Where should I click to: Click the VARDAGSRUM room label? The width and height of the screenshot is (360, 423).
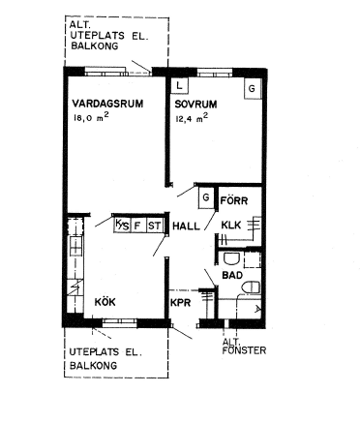pyautogui.click(x=107, y=104)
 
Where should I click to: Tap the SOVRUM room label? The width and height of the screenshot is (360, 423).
pyautogui.click(x=195, y=105)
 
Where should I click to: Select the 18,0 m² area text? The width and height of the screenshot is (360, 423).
pyautogui.click(x=91, y=117)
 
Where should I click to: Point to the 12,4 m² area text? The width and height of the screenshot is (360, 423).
pyautogui.click(x=192, y=118)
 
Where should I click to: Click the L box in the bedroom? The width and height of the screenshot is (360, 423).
pyautogui.click(x=180, y=86)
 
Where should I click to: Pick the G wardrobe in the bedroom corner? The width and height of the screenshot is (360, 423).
pyautogui.click(x=252, y=88)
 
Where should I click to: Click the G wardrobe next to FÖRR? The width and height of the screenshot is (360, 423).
pyautogui.click(x=206, y=197)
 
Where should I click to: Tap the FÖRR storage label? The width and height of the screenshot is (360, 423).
pyautogui.click(x=234, y=200)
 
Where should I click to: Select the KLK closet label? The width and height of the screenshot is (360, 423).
pyautogui.click(x=231, y=225)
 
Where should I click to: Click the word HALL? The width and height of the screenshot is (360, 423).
pyautogui.click(x=186, y=226)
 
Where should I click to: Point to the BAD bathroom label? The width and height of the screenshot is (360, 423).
pyautogui.click(x=232, y=275)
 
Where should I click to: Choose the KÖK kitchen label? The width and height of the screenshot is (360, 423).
pyautogui.click(x=105, y=302)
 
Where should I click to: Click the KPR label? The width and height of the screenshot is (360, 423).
pyautogui.click(x=181, y=303)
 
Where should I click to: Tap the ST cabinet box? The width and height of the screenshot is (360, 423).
pyautogui.click(x=154, y=225)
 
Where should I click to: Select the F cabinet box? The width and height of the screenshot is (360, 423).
pyautogui.click(x=137, y=225)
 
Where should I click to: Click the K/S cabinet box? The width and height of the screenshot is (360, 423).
pyautogui.click(x=122, y=225)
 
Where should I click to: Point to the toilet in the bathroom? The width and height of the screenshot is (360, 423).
pyautogui.click(x=251, y=287)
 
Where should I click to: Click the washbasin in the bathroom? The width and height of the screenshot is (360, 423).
pyautogui.click(x=231, y=258)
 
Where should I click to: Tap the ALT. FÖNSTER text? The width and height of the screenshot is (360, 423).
pyautogui.click(x=244, y=347)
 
